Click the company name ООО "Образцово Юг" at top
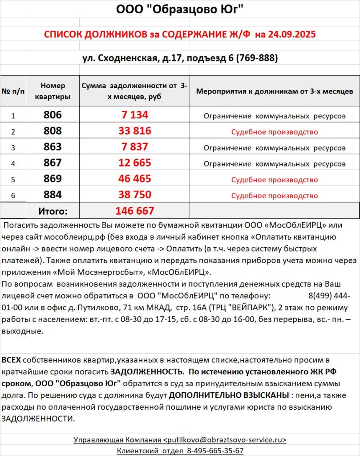click(x=180, y=9)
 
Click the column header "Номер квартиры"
click(x=53, y=91)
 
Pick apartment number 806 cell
click(x=53, y=115)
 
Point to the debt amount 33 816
click(x=135, y=131)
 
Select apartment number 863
click(x=53, y=147)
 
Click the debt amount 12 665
click(x=135, y=163)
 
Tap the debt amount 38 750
click(x=135, y=195)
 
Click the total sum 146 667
click(x=135, y=211)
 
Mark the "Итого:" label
click(x=53, y=211)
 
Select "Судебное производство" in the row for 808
click(x=275, y=132)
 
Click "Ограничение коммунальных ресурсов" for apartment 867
click(x=275, y=164)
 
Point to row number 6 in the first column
click(x=13, y=195)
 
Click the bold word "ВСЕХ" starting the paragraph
click(x=11, y=360)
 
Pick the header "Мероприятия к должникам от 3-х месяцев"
click(x=275, y=91)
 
